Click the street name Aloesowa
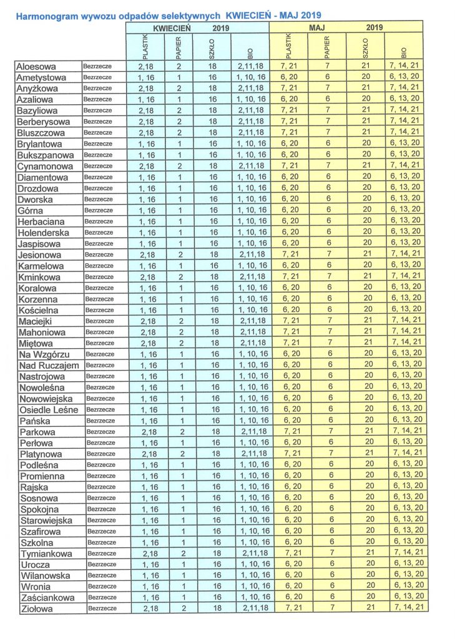37,66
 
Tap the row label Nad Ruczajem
49,365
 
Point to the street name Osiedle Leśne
49,409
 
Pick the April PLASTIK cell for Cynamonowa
145,166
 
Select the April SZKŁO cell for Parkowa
213,432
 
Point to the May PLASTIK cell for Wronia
291,587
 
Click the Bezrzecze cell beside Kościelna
99,310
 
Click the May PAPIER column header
330,46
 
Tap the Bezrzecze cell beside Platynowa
100,454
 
